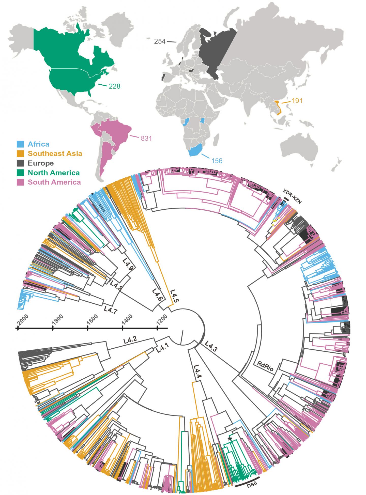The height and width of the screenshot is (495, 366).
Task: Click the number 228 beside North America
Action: pyautogui.click(x=114, y=86)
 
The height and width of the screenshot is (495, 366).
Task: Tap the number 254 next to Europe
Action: pyautogui.click(x=160, y=41)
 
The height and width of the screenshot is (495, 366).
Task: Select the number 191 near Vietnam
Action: pyautogui.click(x=297, y=101)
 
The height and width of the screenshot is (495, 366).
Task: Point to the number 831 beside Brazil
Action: pyautogui.click(x=146, y=138)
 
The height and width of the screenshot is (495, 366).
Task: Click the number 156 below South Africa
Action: pyautogui.click(x=217, y=161)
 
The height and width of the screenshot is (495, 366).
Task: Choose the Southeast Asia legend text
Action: pyautogui.click(x=55, y=153)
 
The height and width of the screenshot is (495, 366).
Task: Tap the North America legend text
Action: pyautogui.click(x=54, y=173)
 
